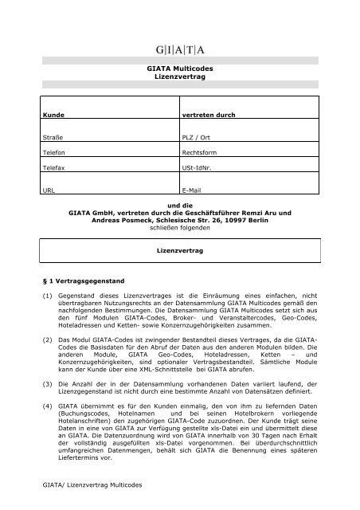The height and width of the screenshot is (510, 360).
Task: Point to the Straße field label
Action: pos(53,138)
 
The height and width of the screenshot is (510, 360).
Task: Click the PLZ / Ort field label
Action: pos(199,138)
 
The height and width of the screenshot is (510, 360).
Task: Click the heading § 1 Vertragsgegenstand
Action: pos(81,280)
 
